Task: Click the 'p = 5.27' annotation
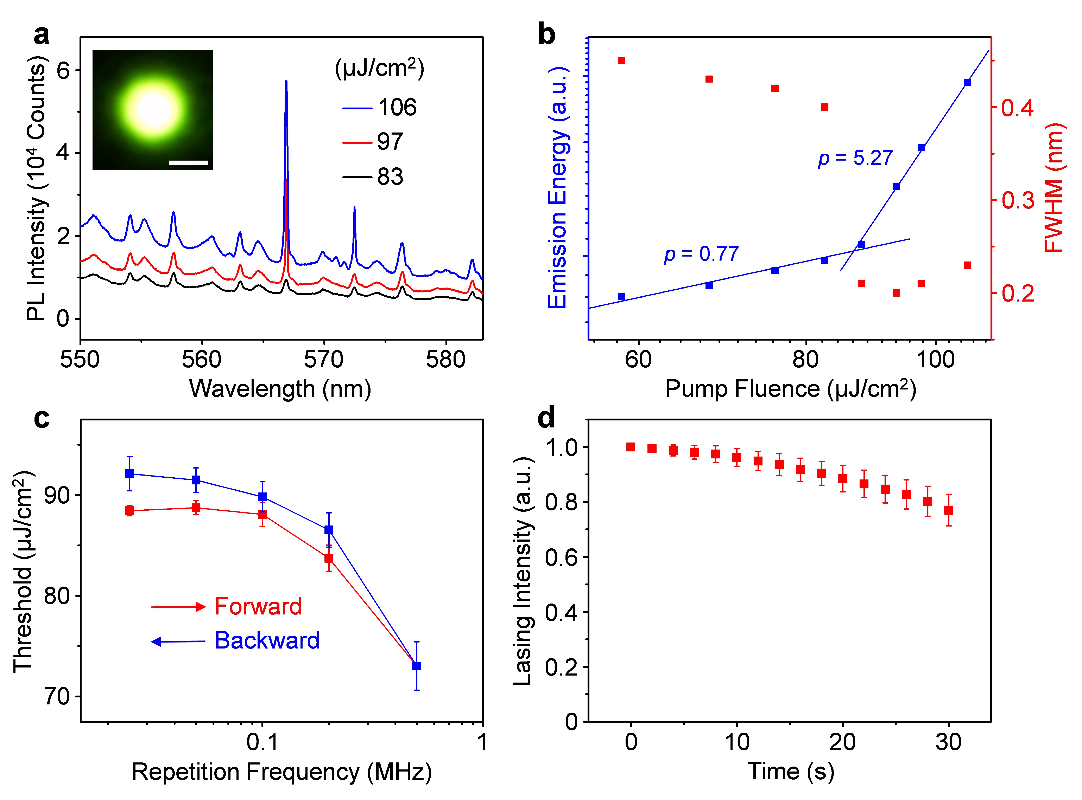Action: [855, 158]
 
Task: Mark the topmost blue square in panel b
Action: [968, 82]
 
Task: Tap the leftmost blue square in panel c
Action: [129, 474]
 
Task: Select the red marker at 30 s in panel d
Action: [949, 510]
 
